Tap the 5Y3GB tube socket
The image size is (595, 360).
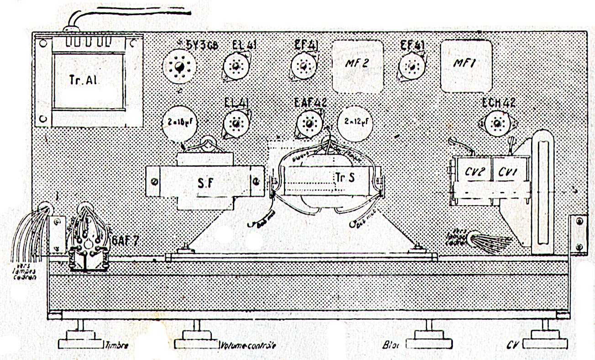[178, 67]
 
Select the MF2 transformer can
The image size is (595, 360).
[357, 64]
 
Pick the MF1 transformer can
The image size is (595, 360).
[466, 64]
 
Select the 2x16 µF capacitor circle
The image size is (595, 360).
[178, 122]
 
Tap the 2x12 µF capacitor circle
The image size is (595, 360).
[356, 122]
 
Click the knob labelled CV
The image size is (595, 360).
[545, 344]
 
